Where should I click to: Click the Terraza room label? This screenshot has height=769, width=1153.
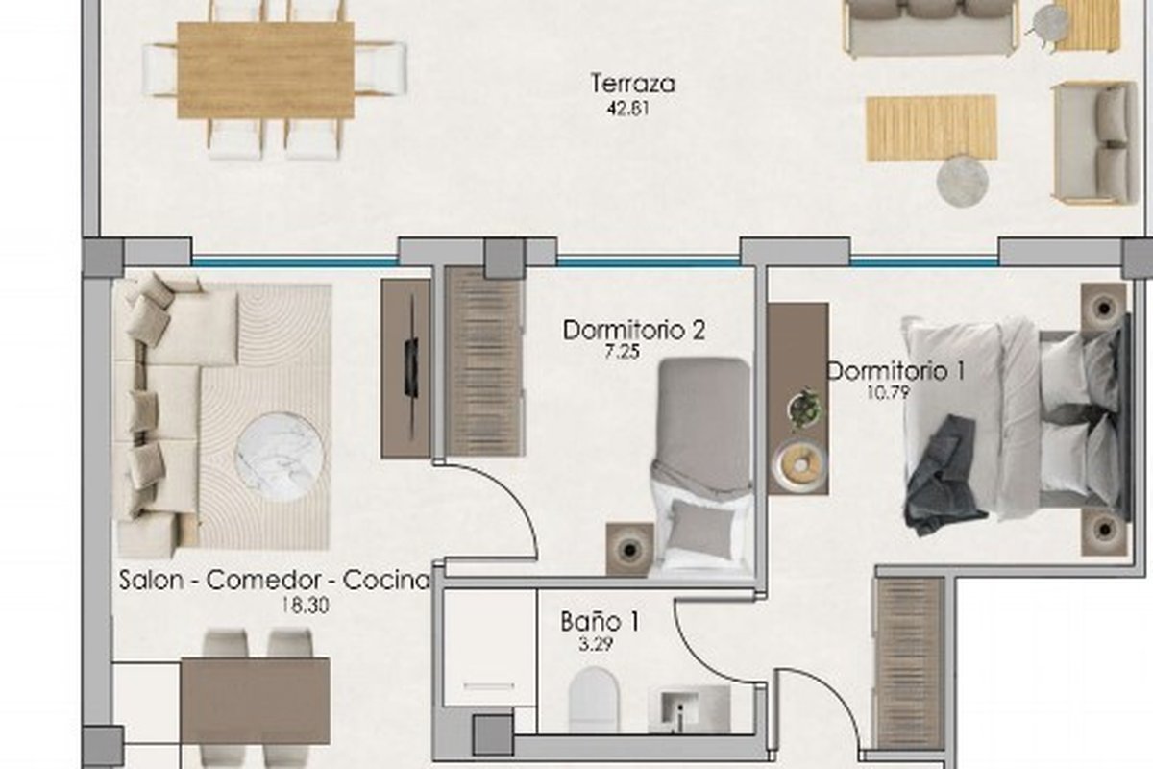pos(632,84)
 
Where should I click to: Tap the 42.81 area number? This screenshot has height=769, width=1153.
pos(628,110)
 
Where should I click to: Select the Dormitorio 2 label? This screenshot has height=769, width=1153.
pos(634,330)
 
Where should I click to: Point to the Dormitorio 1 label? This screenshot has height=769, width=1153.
pos(896,371)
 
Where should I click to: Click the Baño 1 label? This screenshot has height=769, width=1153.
pos(600,622)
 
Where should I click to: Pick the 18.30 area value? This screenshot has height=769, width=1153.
pos(306,606)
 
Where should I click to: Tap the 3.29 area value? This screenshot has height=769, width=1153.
pos(596,644)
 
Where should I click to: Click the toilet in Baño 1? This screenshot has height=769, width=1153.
pos(594,699)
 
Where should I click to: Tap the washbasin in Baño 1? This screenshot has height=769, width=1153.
pos(688,708)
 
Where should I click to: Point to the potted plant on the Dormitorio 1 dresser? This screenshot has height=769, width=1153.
pos(804,408)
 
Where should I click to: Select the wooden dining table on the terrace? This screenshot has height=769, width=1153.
pos(266,70)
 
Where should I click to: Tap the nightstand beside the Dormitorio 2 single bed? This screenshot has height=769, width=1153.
pos(629,549)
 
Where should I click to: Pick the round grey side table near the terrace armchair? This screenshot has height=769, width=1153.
pos(962,182)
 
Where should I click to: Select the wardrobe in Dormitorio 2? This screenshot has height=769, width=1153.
pos(485,361)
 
